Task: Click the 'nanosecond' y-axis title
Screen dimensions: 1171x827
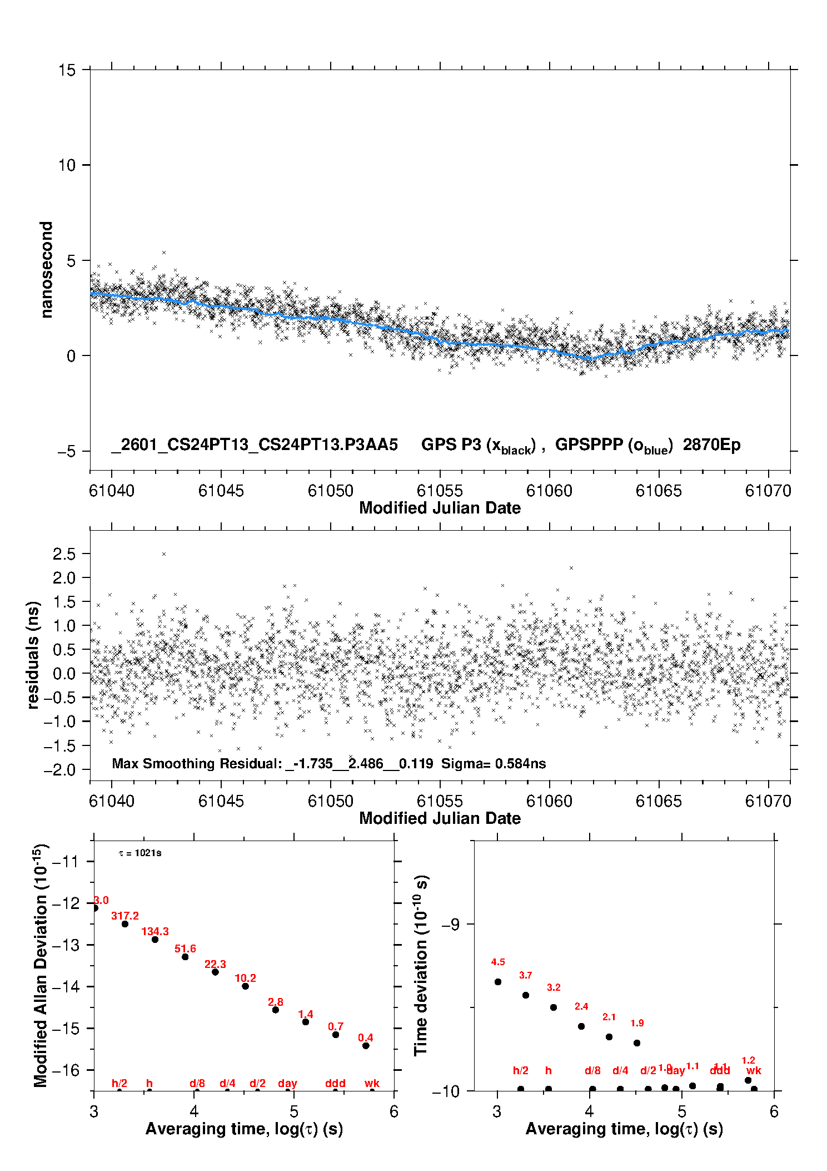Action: (x=47, y=270)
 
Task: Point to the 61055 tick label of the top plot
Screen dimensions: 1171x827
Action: (x=440, y=491)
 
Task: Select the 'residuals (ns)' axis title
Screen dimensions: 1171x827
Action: (x=33, y=655)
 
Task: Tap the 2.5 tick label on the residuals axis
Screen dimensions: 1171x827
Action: (x=64, y=554)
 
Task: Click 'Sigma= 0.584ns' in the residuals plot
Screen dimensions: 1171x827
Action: (x=494, y=764)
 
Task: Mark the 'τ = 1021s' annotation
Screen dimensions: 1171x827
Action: (x=140, y=853)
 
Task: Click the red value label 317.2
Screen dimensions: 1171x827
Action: (x=125, y=916)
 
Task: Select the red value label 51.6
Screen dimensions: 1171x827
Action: (x=185, y=949)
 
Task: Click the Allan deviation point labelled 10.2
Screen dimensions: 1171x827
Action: (x=245, y=986)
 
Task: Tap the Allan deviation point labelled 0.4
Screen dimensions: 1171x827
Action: (x=366, y=1046)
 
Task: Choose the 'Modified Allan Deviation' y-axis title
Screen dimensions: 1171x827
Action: (x=40, y=966)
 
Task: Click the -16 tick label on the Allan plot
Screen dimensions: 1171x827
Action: (x=65, y=1070)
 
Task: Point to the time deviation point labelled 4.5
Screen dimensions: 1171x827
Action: (x=498, y=982)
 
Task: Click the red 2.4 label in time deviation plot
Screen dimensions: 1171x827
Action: (x=581, y=1006)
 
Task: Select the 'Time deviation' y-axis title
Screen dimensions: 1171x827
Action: (x=421, y=966)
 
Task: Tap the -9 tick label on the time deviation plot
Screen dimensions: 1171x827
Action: (x=450, y=925)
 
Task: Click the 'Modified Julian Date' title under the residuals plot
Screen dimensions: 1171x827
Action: (x=440, y=818)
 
